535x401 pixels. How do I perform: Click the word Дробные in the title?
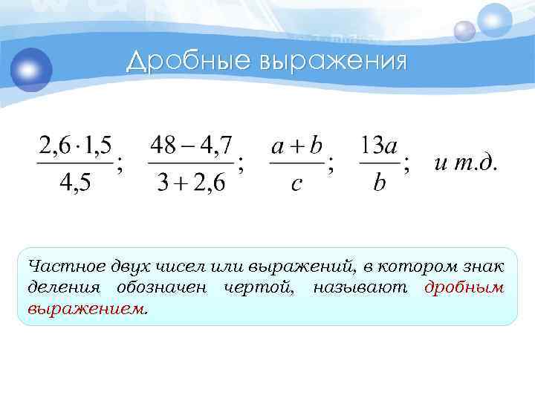188,61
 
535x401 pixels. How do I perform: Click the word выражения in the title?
332,61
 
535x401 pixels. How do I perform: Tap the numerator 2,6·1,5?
74,144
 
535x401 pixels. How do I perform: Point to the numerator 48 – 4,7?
191,144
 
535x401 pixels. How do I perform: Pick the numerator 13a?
380,144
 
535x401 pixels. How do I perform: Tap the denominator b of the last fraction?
380,183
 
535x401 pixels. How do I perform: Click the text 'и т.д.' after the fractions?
466,163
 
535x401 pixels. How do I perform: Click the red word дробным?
464,287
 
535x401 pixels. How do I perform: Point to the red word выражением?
86,307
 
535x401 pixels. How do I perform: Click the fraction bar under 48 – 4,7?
191,163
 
